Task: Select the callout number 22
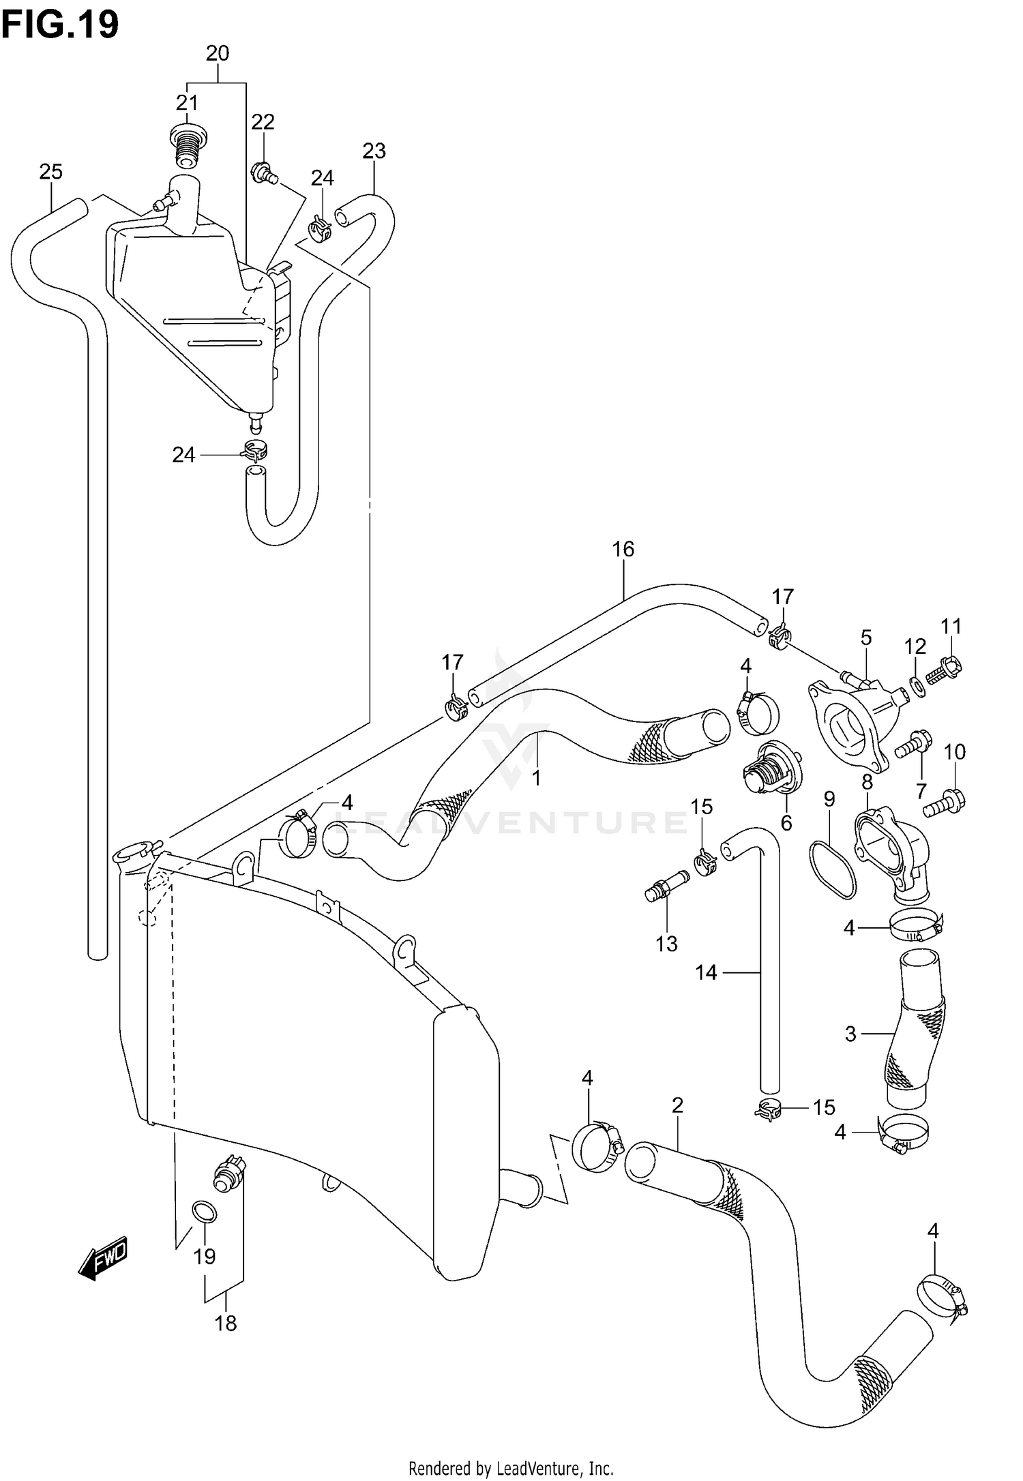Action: tap(263, 122)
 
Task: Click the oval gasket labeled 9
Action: tap(831, 869)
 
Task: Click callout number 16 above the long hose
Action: tap(623, 549)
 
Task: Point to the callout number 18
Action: tap(225, 1323)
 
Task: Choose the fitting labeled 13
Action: tap(666, 886)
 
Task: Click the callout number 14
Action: tap(706, 972)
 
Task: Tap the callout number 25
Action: tap(51, 172)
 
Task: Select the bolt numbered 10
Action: tap(945, 804)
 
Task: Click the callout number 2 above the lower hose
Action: tap(677, 1105)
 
